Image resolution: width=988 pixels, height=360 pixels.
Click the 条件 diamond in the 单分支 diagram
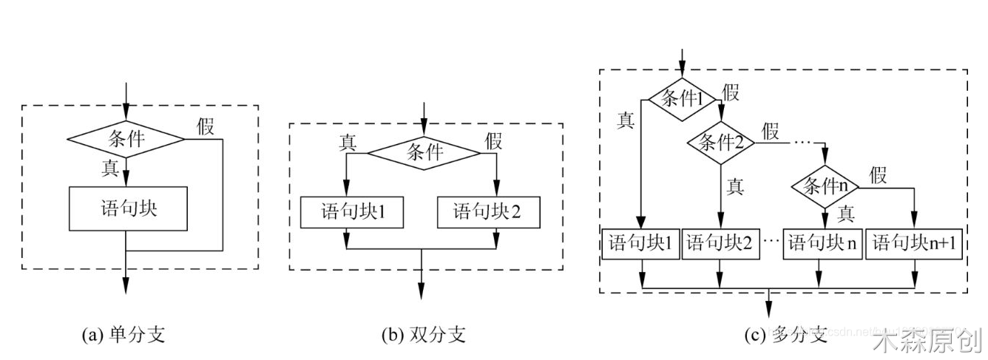tap(126, 138)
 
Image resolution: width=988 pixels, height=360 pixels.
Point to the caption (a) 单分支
tap(123, 335)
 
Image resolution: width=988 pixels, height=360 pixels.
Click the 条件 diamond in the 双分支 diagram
tap(424, 153)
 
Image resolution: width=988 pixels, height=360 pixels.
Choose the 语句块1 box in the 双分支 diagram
tap(346, 213)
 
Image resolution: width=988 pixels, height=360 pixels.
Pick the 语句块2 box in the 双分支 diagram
tap(487, 213)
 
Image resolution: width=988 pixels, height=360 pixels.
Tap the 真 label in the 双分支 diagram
tap(348, 141)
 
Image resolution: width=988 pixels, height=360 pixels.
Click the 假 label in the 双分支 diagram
tap(494, 140)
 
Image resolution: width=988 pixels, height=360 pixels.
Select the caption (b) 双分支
tap(424, 335)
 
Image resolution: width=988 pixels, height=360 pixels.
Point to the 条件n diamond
tap(825, 186)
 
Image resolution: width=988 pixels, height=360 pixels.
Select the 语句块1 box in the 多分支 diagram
tap(640, 243)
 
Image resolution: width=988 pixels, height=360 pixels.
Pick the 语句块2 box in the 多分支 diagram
tap(719, 243)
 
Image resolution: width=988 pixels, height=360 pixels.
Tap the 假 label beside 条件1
tap(731, 93)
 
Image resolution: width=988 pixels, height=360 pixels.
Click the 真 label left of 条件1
tap(625, 120)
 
